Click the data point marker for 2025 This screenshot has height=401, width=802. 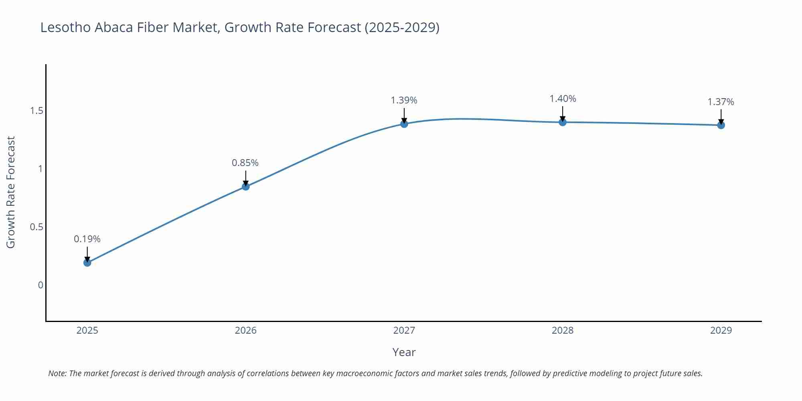87,263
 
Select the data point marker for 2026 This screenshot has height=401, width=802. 246,186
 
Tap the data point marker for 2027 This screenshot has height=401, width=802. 404,124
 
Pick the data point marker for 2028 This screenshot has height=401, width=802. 563,122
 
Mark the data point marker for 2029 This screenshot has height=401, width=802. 721,125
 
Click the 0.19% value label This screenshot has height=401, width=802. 87,239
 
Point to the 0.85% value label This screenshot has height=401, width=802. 245,163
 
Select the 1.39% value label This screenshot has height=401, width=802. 404,100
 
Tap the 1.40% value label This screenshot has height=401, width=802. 563,99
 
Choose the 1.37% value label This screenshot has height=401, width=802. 721,102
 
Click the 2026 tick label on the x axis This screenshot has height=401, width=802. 246,330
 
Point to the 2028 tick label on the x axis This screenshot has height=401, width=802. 563,330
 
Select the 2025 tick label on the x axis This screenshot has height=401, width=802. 87,330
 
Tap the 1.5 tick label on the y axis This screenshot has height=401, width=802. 36,111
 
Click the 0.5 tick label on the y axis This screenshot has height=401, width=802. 36,227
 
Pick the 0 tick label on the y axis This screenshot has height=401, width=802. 41,285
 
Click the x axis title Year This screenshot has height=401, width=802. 404,352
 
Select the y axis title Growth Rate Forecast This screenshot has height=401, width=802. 11,192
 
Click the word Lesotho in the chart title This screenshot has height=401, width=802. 66,27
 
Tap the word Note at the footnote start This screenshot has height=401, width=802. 57,373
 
